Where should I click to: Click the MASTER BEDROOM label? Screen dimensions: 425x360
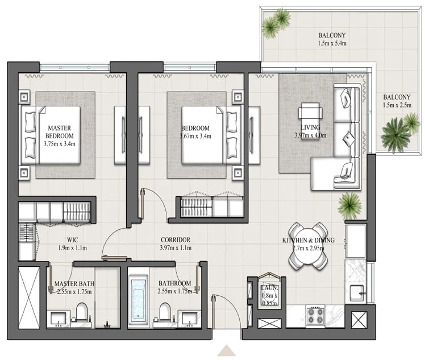[x=59, y=132]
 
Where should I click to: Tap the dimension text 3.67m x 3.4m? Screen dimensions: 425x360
[x=195, y=136]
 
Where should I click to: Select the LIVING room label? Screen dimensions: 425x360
[x=310, y=127]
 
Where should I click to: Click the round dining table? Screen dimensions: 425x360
[x=308, y=246]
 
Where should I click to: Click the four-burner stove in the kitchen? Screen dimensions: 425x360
[x=315, y=315]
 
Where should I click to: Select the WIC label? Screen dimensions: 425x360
[x=72, y=240]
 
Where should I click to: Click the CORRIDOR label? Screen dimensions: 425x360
[x=176, y=240]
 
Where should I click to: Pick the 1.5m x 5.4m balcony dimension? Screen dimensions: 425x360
[x=332, y=43]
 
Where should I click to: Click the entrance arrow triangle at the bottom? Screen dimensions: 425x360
[x=226, y=350]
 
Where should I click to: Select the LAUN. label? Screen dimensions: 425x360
[x=269, y=288]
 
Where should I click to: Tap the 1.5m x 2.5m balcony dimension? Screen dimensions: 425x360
[x=397, y=105]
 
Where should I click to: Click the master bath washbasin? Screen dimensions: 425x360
[x=59, y=319]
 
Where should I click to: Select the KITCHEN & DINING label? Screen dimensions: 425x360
[x=309, y=240]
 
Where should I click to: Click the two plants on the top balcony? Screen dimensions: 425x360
[x=276, y=23]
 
